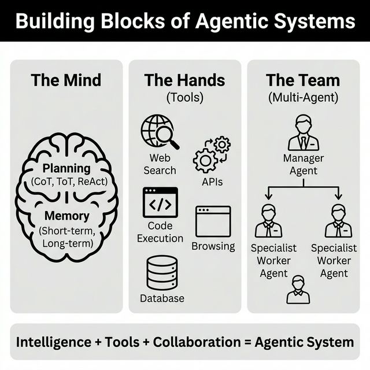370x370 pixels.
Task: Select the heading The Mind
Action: click(66, 80)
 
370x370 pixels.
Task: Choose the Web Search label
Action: click(160, 164)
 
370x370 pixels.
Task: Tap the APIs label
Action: click(212, 182)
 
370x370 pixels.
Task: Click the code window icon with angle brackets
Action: click(160, 202)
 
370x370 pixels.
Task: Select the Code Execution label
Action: click(160, 232)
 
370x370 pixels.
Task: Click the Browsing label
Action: click(213, 246)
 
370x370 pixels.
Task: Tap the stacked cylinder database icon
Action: click(162, 272)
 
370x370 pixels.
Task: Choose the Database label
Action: click(162, 298)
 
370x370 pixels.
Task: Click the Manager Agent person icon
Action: click(303, 132)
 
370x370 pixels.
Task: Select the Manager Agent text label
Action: click(303, 164)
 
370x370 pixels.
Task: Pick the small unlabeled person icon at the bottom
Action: click(298, 290)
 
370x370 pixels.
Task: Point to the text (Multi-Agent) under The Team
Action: click(303, 97)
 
